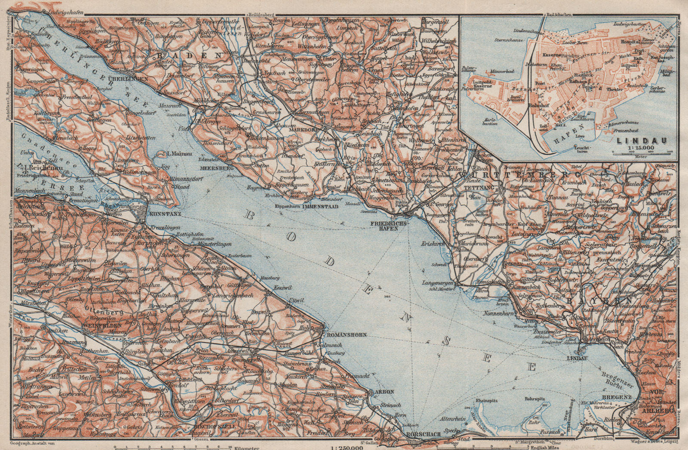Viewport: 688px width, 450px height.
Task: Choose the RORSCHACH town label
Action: [x=424, y=435]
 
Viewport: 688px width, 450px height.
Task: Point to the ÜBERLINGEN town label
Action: [x=134, y=79]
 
